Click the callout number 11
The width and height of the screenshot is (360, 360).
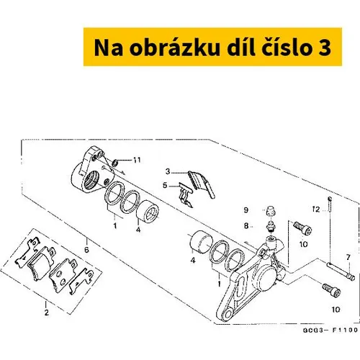coord(137,160)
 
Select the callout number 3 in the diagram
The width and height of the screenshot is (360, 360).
coord(168,171)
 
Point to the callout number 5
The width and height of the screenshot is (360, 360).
coord(165,186)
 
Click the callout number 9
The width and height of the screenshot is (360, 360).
coord(246,210)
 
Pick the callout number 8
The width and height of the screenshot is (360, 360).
coord(246,226)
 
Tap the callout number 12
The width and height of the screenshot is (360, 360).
coord(316,210)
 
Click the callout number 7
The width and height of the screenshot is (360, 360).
coord(348,258)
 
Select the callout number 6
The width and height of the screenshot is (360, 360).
coord(86,250)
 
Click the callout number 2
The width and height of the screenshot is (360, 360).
coord(47,312)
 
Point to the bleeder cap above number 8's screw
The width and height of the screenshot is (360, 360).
coord(271,211)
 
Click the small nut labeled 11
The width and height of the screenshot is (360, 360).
coord(115,163)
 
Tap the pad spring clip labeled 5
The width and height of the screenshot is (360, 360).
coord(186,195)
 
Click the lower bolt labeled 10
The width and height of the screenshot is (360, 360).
coord(331,290)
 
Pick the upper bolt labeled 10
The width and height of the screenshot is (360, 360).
coord(302,228)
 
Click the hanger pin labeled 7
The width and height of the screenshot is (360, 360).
coord(341,271)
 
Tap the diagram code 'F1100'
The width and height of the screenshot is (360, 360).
coord(345,330)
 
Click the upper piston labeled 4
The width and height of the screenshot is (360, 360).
coord(148,211)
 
